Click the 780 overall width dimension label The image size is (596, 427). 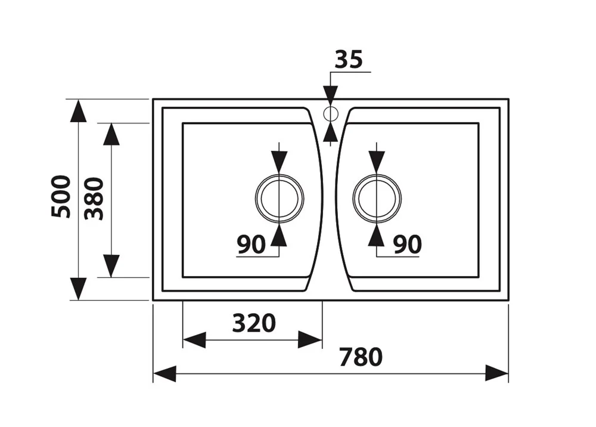(361, 357)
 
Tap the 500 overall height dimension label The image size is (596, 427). (61, 196)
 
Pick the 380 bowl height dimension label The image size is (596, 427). (94, 198)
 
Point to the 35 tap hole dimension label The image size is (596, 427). (349, 60)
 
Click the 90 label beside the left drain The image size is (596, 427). (251, 244)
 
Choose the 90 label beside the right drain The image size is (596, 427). (407, 244)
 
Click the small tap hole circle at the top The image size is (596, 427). (331, 113)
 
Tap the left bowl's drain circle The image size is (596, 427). (279, 198)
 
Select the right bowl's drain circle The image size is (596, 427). (377, 198)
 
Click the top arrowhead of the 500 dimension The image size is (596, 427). (78, 111)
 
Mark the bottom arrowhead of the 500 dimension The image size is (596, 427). (78, 289)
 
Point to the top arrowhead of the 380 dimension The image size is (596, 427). (111, 134)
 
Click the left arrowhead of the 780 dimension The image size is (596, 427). (164, 374)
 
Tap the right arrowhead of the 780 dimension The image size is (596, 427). (497, 374)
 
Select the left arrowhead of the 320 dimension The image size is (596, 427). (194, 340)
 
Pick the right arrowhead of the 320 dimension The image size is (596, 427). (311, 340)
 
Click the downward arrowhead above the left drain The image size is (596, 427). (279, 161)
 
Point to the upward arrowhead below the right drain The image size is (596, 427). (377, 236)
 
